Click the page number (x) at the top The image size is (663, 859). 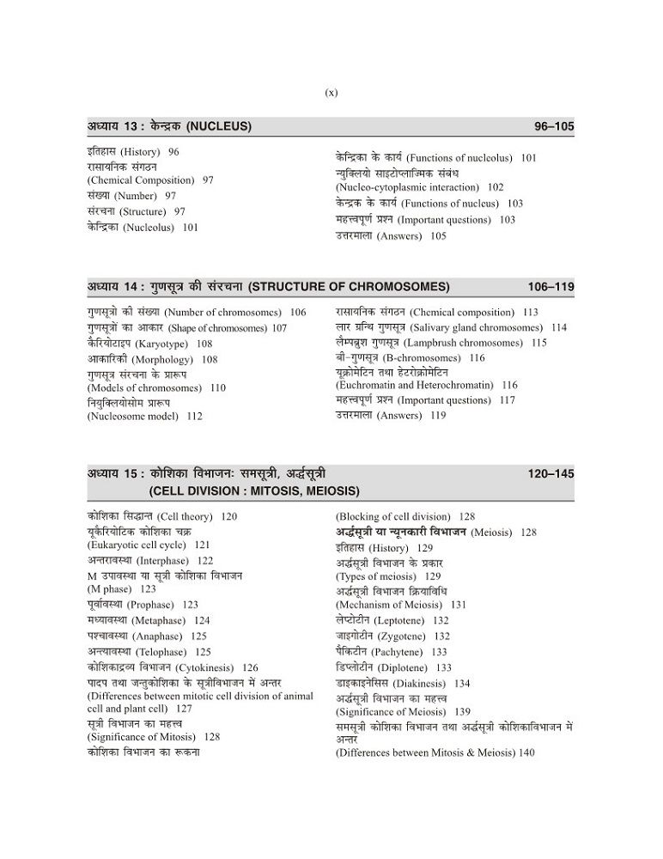click(331, 93)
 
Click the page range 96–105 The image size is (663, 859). click(554, 126)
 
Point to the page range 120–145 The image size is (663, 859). click(551, 473)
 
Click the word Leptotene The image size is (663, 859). click(403, 619)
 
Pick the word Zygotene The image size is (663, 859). click(404, 636)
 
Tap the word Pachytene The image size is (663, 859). click(404, 652)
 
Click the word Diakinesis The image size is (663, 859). click(417, 684)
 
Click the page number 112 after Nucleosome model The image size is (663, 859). click(194, 417)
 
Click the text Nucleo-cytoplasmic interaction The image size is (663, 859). click(407, 187)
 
